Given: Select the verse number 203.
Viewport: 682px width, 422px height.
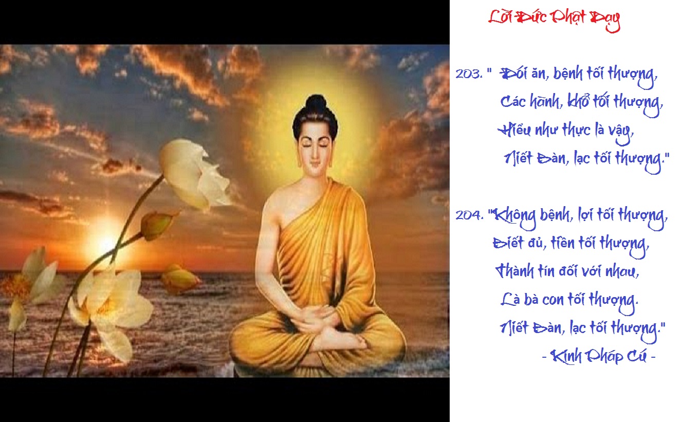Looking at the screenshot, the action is click(x=469, y=74).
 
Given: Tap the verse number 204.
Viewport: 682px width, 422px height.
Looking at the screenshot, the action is click(x=469, y=215).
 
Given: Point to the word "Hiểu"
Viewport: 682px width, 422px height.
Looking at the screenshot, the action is click(x=514, y=130).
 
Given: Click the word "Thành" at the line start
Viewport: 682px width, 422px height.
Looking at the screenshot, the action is click(x=515, y=270).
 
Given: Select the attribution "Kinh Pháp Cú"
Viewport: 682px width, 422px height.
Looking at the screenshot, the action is click(x=599, y=356).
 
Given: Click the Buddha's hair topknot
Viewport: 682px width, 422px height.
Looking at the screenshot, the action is click(x=316, y=103).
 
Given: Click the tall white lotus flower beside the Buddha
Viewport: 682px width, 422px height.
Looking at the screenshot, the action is click(x=192, y=174).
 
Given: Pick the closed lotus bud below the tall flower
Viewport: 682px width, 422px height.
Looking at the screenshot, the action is click(x=158, y=225).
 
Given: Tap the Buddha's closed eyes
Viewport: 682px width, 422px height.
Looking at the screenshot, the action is click(x=316, y=145).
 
